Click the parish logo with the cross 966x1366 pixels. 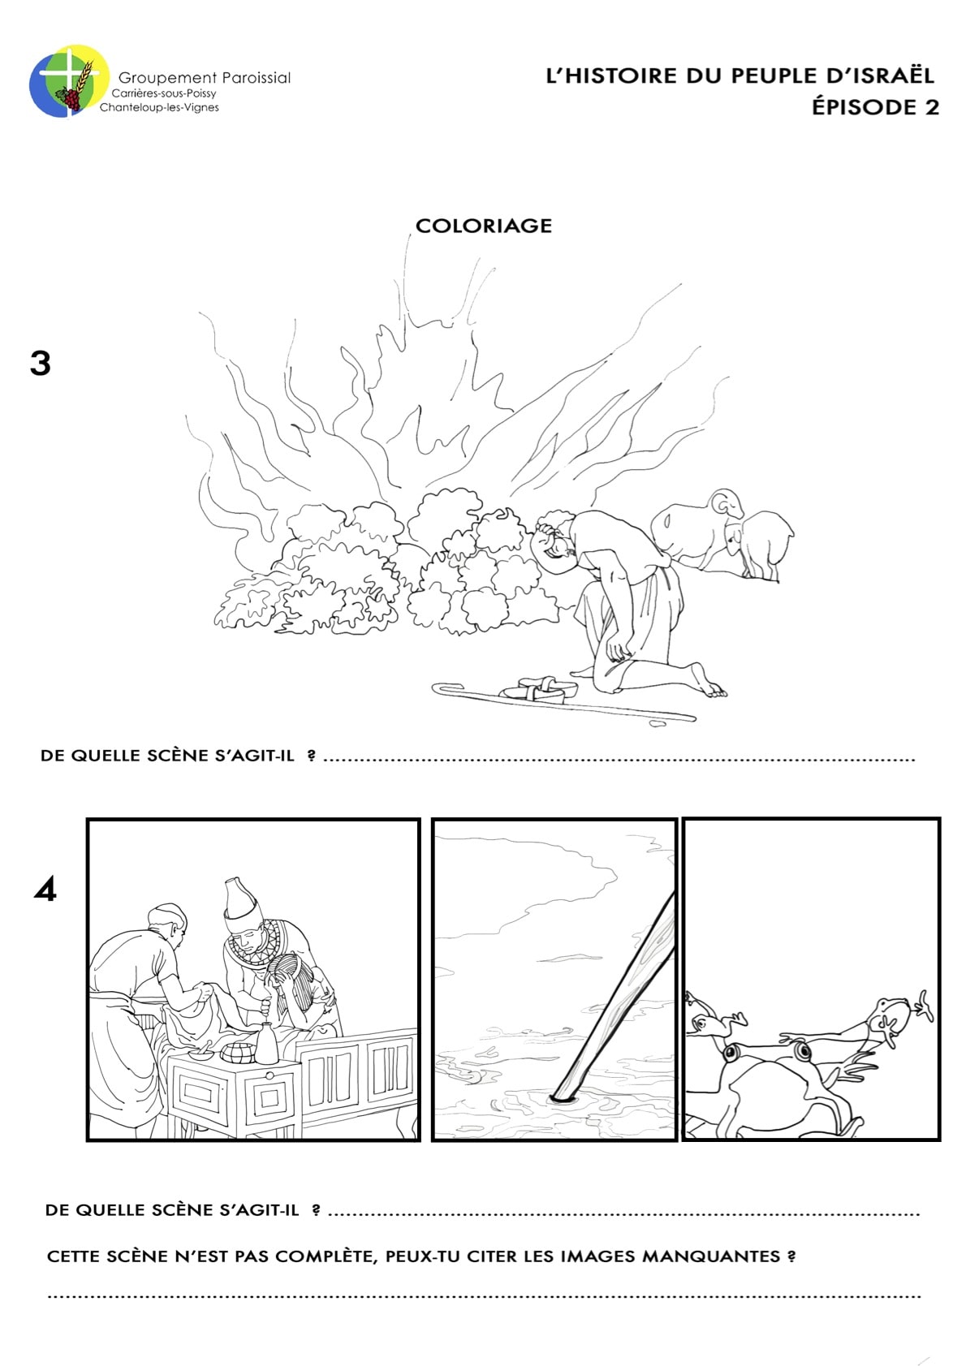pyautogui.click(x=70, y=80)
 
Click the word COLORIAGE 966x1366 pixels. pyautogui.click(x=484, y=226)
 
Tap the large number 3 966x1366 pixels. pyautogui.click(x=41, y=364)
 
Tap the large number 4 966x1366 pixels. pyautogui.click(x=45, y=889)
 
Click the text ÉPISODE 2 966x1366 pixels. pyautogui.click(x=875, y=106)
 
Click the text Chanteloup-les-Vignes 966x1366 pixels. pyautogui.click(x=159, y=107)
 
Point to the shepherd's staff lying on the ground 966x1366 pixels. pyautogui.click(x=564, y=703)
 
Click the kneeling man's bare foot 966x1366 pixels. pyautogui.click(x=706, y=679)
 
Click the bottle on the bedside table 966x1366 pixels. pyautogui.click(x=266, y=1045)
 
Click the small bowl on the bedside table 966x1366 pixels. pyautogui.click(x=200, y=1054)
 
